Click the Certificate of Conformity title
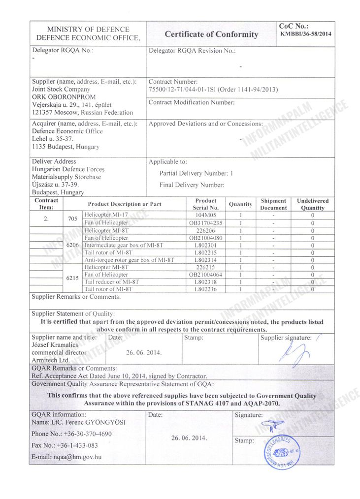211,34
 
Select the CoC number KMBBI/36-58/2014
305,34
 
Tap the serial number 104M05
206,215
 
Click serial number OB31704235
206,223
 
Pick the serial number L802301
206,245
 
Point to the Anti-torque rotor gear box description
130,260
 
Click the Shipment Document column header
273,204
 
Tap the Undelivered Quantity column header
313,204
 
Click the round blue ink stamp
278,451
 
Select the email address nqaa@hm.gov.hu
66,457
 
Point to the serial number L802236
206,289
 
